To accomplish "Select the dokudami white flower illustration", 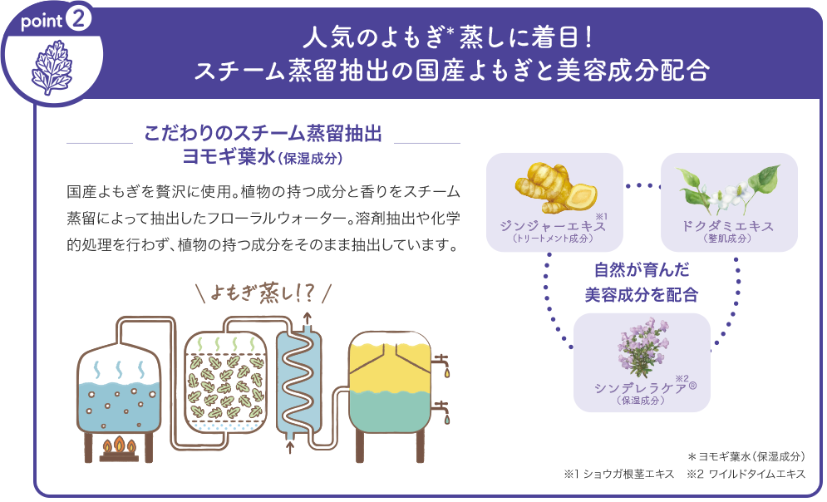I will coord(728,187).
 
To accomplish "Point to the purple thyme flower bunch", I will coord(641,347).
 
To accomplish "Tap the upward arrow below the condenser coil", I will coord(290,449).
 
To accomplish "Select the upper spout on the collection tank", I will coord(444,363).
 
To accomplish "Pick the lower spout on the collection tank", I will coord(444,410).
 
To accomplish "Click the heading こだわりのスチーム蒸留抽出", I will coord(263,135).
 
